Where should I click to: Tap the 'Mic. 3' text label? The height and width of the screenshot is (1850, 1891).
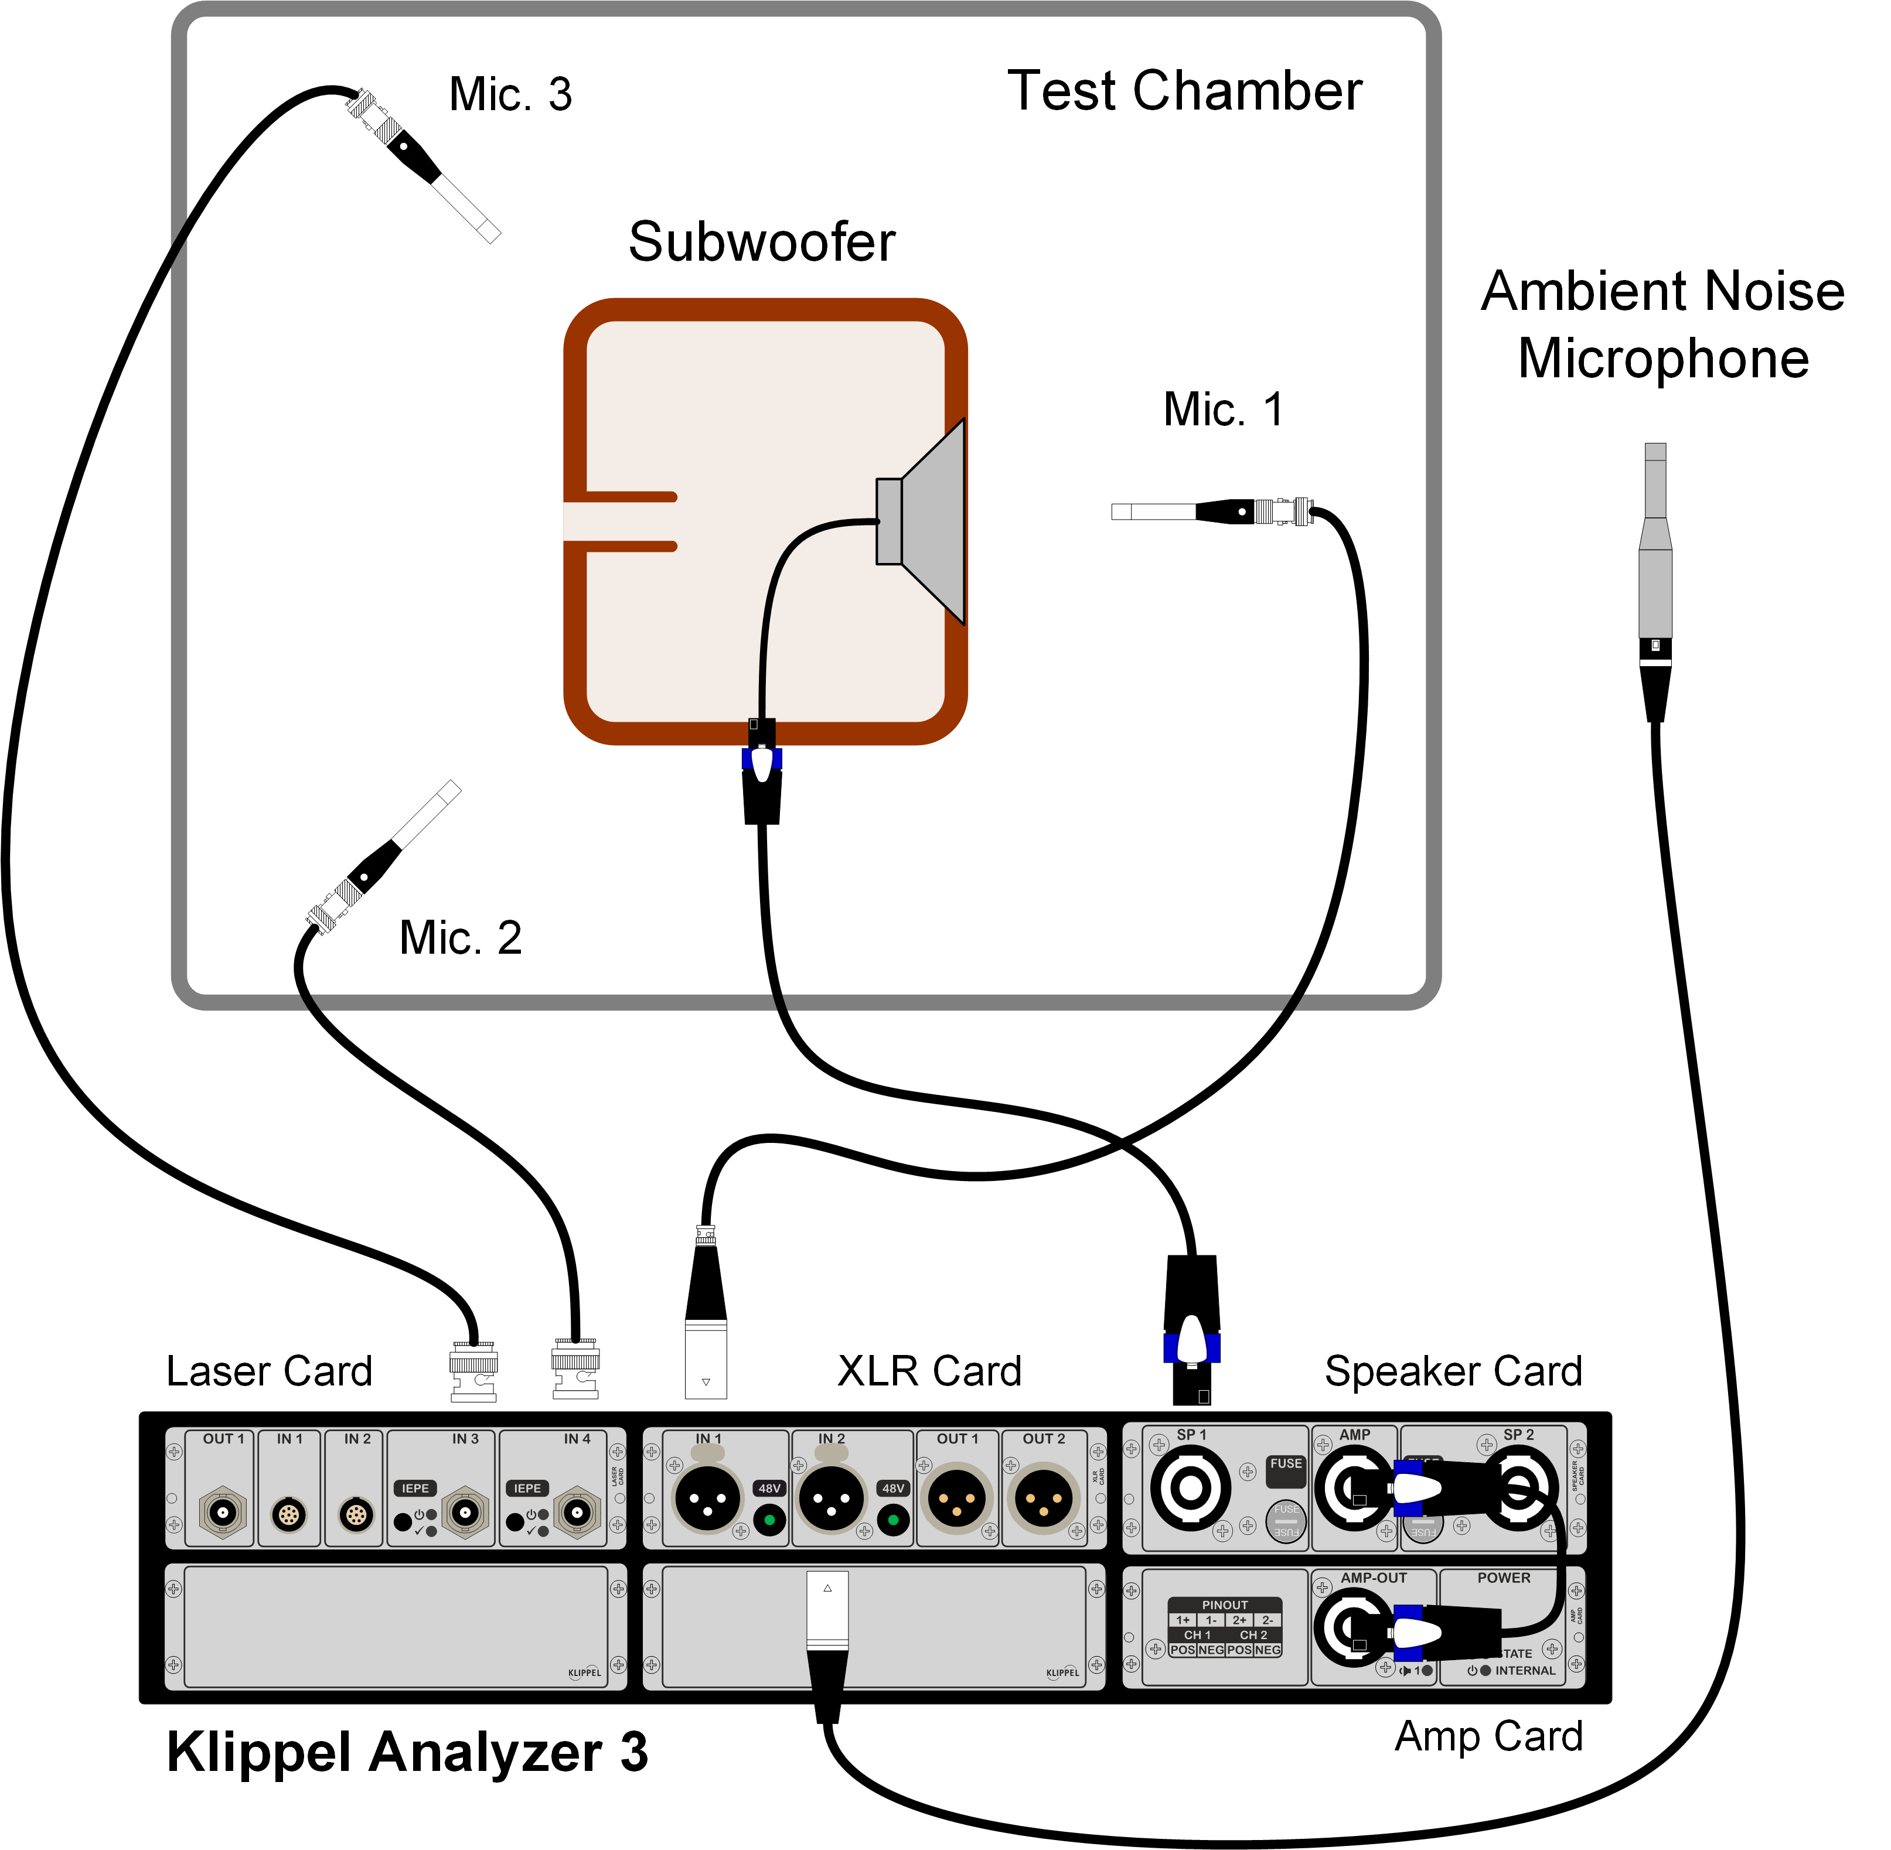click(510, 94)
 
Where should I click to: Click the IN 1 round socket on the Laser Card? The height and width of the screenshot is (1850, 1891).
click(289, 1514)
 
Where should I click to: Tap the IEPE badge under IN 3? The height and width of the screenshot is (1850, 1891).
click(415, 1487)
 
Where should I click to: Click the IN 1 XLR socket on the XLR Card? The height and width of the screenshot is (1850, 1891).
click(707, 1499)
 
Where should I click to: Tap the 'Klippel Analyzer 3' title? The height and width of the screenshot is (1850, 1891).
click(407, 1752)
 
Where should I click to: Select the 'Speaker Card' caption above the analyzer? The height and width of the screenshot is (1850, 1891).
click(1453, 1371)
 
